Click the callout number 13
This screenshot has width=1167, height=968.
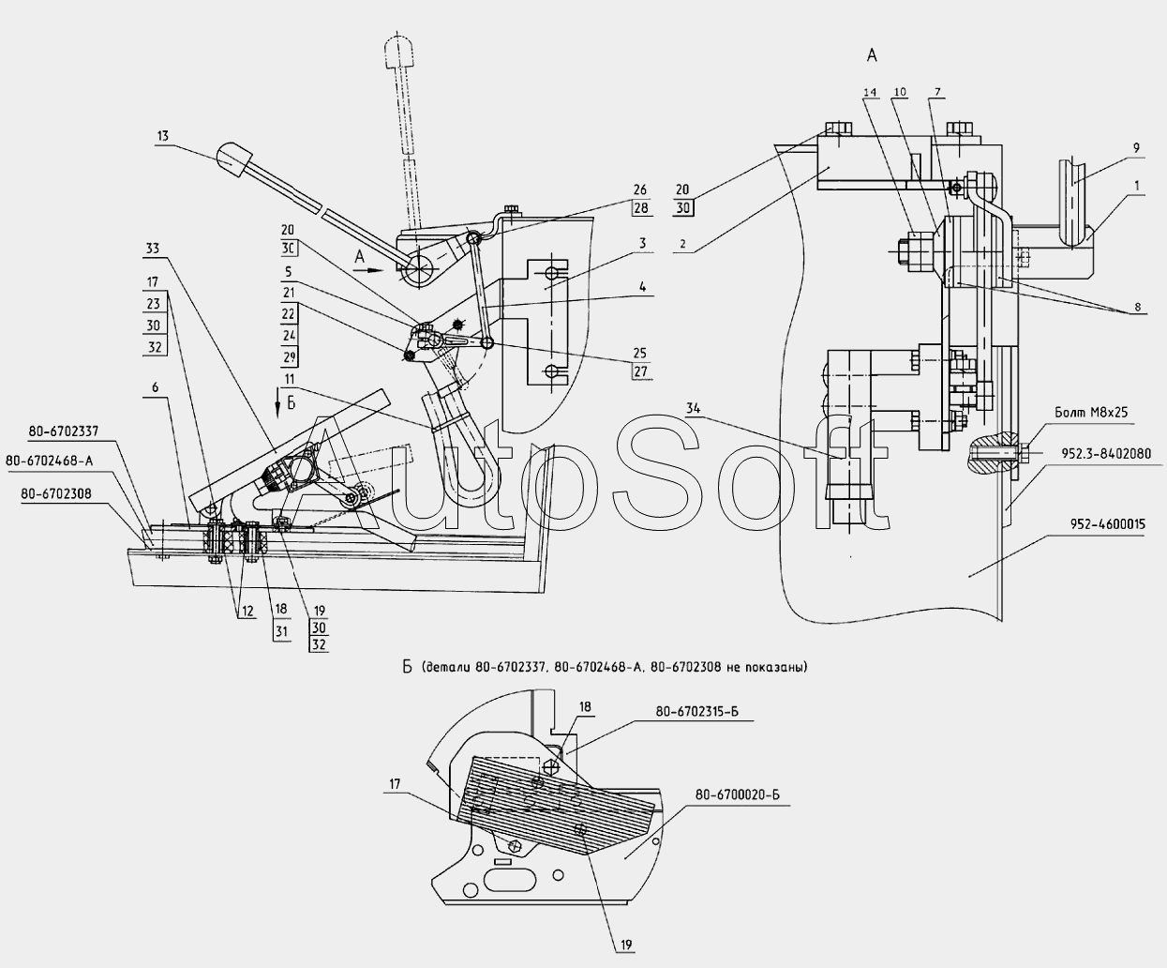[x=163, y=136]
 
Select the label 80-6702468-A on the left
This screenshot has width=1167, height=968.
[x=50, y=461]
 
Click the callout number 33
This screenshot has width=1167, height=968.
[x=153, y=250]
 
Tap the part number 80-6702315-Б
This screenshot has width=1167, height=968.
[x=690, y=713]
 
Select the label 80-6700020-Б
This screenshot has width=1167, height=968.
[x=738, y=795]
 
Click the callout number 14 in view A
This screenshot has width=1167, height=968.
[x=871, y=92]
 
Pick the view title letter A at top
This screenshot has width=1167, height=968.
[x=872, y=56]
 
